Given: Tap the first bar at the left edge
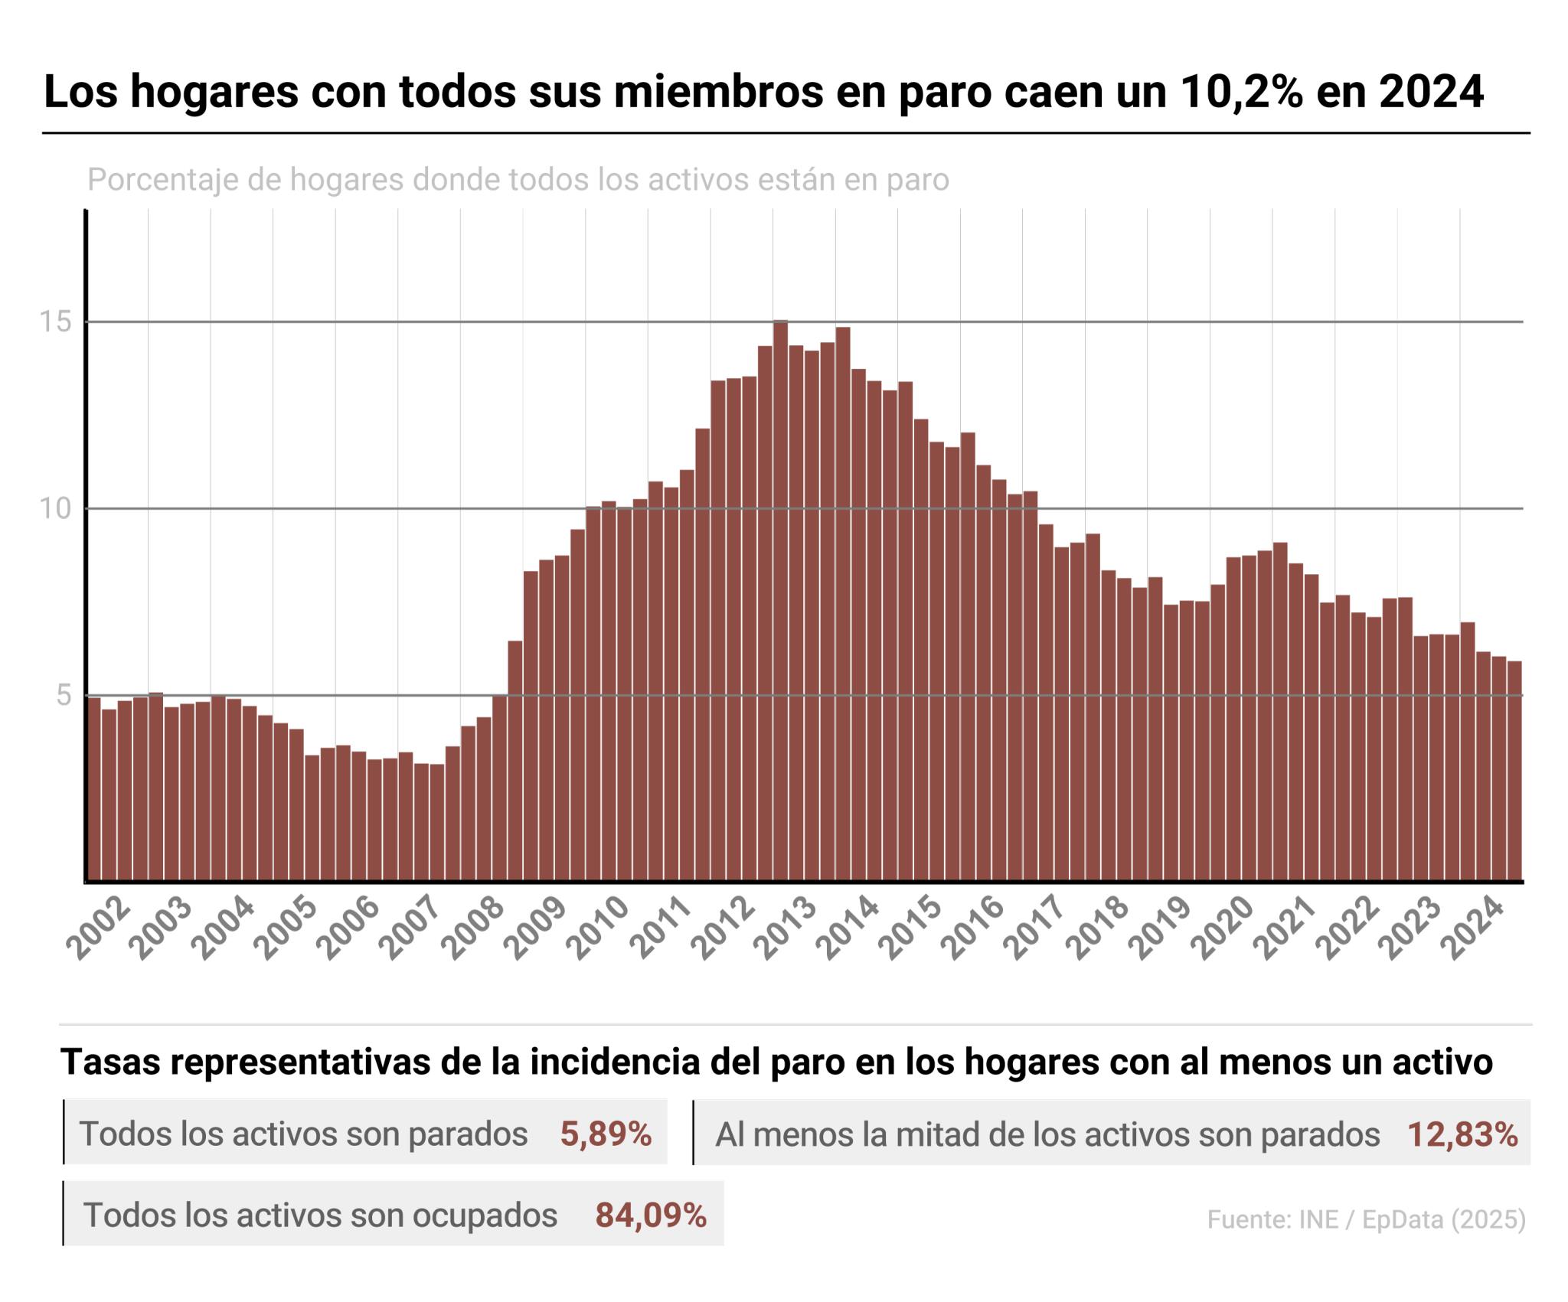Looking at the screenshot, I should click(93, 789).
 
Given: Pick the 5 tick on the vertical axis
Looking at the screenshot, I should click(64, 696).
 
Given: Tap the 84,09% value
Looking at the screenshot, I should click(651, 1215).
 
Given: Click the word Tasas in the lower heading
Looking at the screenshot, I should click(103, 1062).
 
